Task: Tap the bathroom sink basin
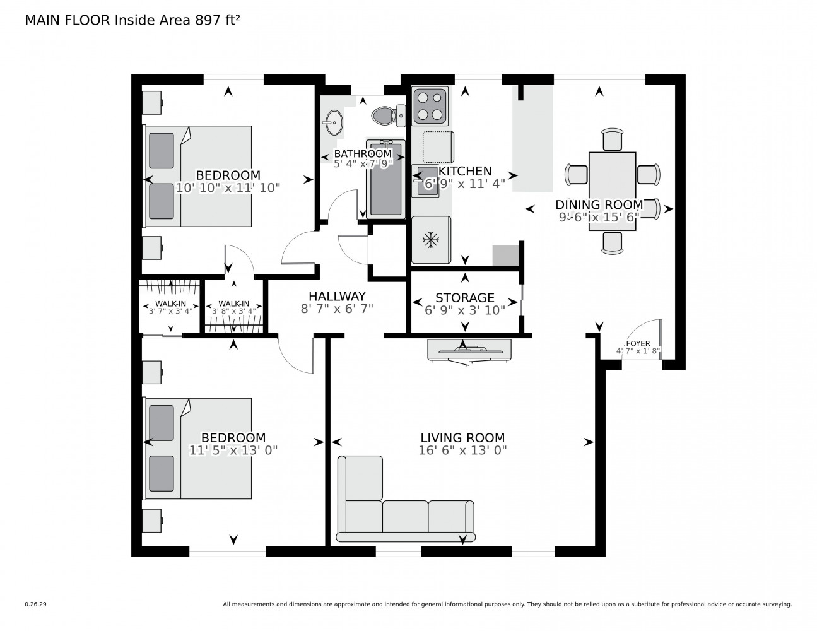click(333, 121)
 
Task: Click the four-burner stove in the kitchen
click(430, 106)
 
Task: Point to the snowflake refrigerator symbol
click(431, 240)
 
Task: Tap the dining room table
click(612, 191)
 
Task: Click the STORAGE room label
click(465, 297)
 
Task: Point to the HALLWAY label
click(337, 296)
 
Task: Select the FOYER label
click(638, 343)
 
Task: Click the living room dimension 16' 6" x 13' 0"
click(462, 451)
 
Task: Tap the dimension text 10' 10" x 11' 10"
click(228, 187)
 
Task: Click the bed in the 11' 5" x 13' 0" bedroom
click(199, 448)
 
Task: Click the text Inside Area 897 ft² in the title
click(177, 20)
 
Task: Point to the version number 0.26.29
click(35, 604)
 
